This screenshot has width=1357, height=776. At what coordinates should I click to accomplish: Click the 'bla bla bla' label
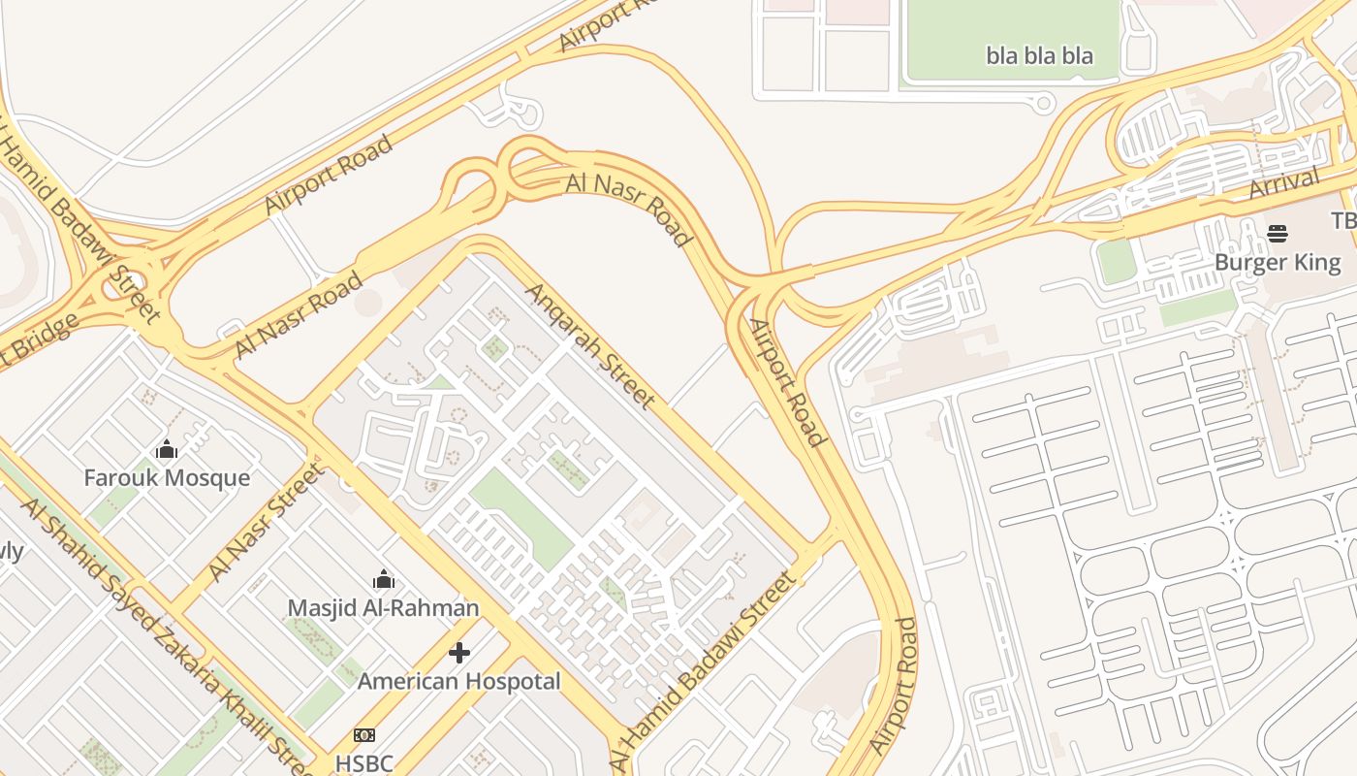tap(1039, 55)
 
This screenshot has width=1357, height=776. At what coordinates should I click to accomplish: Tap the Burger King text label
tap(1277, 263)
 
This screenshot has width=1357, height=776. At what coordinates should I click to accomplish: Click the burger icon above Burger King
tap(1277, 233)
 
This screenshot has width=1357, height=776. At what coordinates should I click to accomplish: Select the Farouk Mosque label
tap(166, 478)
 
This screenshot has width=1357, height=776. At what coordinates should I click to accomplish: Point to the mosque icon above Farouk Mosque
tap(167, 449)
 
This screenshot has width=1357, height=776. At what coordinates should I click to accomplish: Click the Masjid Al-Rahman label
tap(383, 608)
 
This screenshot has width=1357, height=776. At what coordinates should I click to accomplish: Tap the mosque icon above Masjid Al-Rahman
tap(384, 579)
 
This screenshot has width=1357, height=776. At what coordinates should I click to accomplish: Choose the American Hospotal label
tap(458, 681)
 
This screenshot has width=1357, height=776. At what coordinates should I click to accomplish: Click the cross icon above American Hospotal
tap(459, 652)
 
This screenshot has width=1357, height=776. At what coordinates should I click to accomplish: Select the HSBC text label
tap(363, 763)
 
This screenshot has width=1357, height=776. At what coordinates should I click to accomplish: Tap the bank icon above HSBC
tap(363, 735)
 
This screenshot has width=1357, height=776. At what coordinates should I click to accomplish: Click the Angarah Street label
tap(590, 345)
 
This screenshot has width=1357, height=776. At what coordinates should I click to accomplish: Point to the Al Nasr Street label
tap(264, 523)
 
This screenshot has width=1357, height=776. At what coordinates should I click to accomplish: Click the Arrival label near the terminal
tap(1284, 182)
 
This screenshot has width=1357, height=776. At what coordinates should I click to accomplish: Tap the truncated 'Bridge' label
tap(37, 343)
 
